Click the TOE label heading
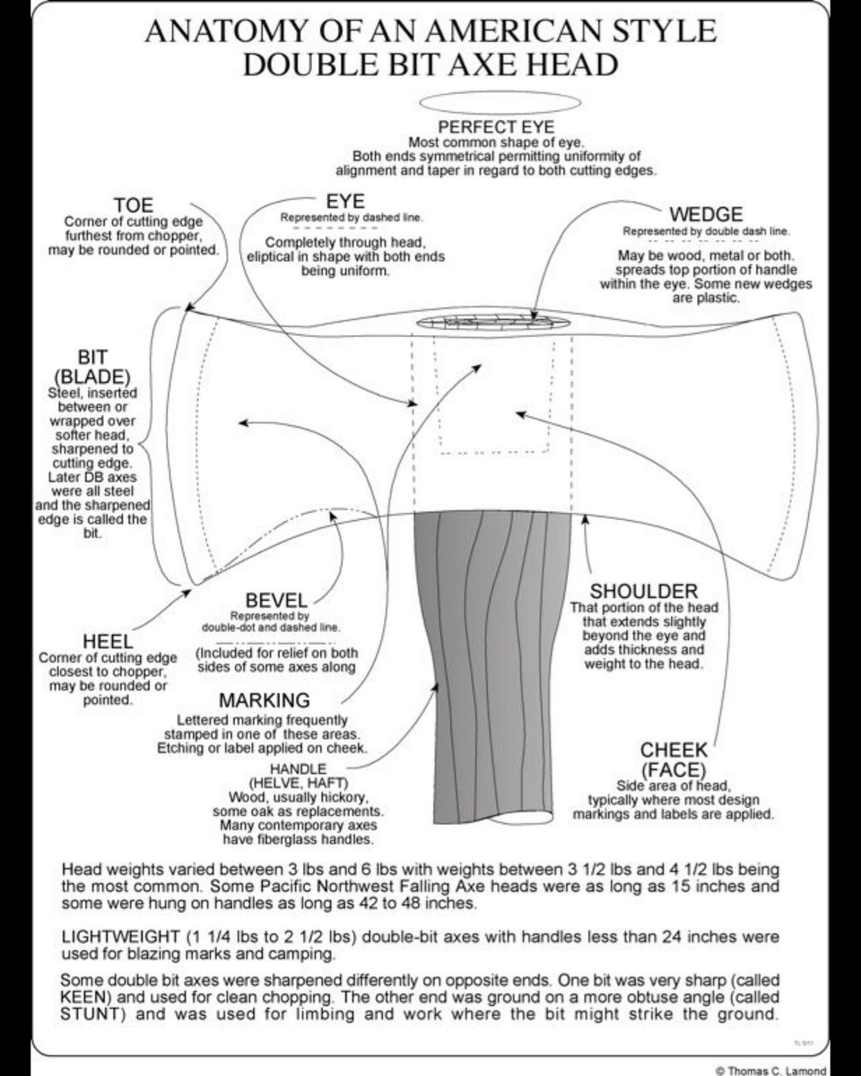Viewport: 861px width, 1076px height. point(134,205)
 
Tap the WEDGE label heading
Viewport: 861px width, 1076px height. point(706,214)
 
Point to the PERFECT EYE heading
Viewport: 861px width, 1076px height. point(496,127)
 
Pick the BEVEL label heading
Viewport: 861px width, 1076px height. point(276,600)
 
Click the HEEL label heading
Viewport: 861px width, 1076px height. point(109,642)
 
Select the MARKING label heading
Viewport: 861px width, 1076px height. point(265,700)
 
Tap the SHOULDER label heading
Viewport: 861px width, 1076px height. point(643,592)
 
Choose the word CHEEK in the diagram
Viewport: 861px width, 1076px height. point(674,750)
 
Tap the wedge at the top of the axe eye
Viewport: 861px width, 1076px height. point(492,320)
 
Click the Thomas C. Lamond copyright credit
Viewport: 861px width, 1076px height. point(784,1070)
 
